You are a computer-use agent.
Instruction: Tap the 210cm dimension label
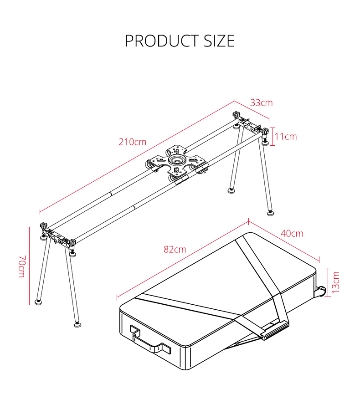(133, 142)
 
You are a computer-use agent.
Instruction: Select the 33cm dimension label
(262, 103)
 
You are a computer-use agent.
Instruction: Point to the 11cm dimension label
(286, 136)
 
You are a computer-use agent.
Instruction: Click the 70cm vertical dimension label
(21, 266)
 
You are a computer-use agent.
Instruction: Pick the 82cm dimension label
(175, 249)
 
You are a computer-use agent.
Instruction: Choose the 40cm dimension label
(292, 233)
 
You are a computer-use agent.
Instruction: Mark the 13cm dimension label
(336, 282)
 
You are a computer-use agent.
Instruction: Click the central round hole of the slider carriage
(175, 161)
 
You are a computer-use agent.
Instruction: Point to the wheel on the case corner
(322, 291)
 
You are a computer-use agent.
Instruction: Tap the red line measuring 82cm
(182, 260)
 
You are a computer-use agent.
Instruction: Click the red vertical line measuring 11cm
(272, 136)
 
